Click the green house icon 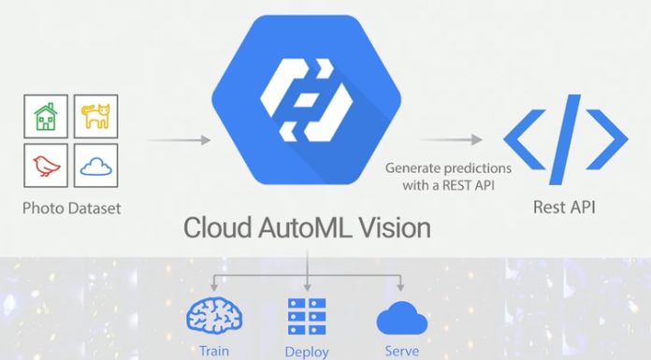45,117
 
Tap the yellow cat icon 95,117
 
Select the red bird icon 45,166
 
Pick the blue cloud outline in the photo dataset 95,166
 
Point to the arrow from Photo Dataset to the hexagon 178,141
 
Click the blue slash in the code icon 565,140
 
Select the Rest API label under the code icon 565,208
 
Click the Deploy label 308,353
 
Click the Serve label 401,352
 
